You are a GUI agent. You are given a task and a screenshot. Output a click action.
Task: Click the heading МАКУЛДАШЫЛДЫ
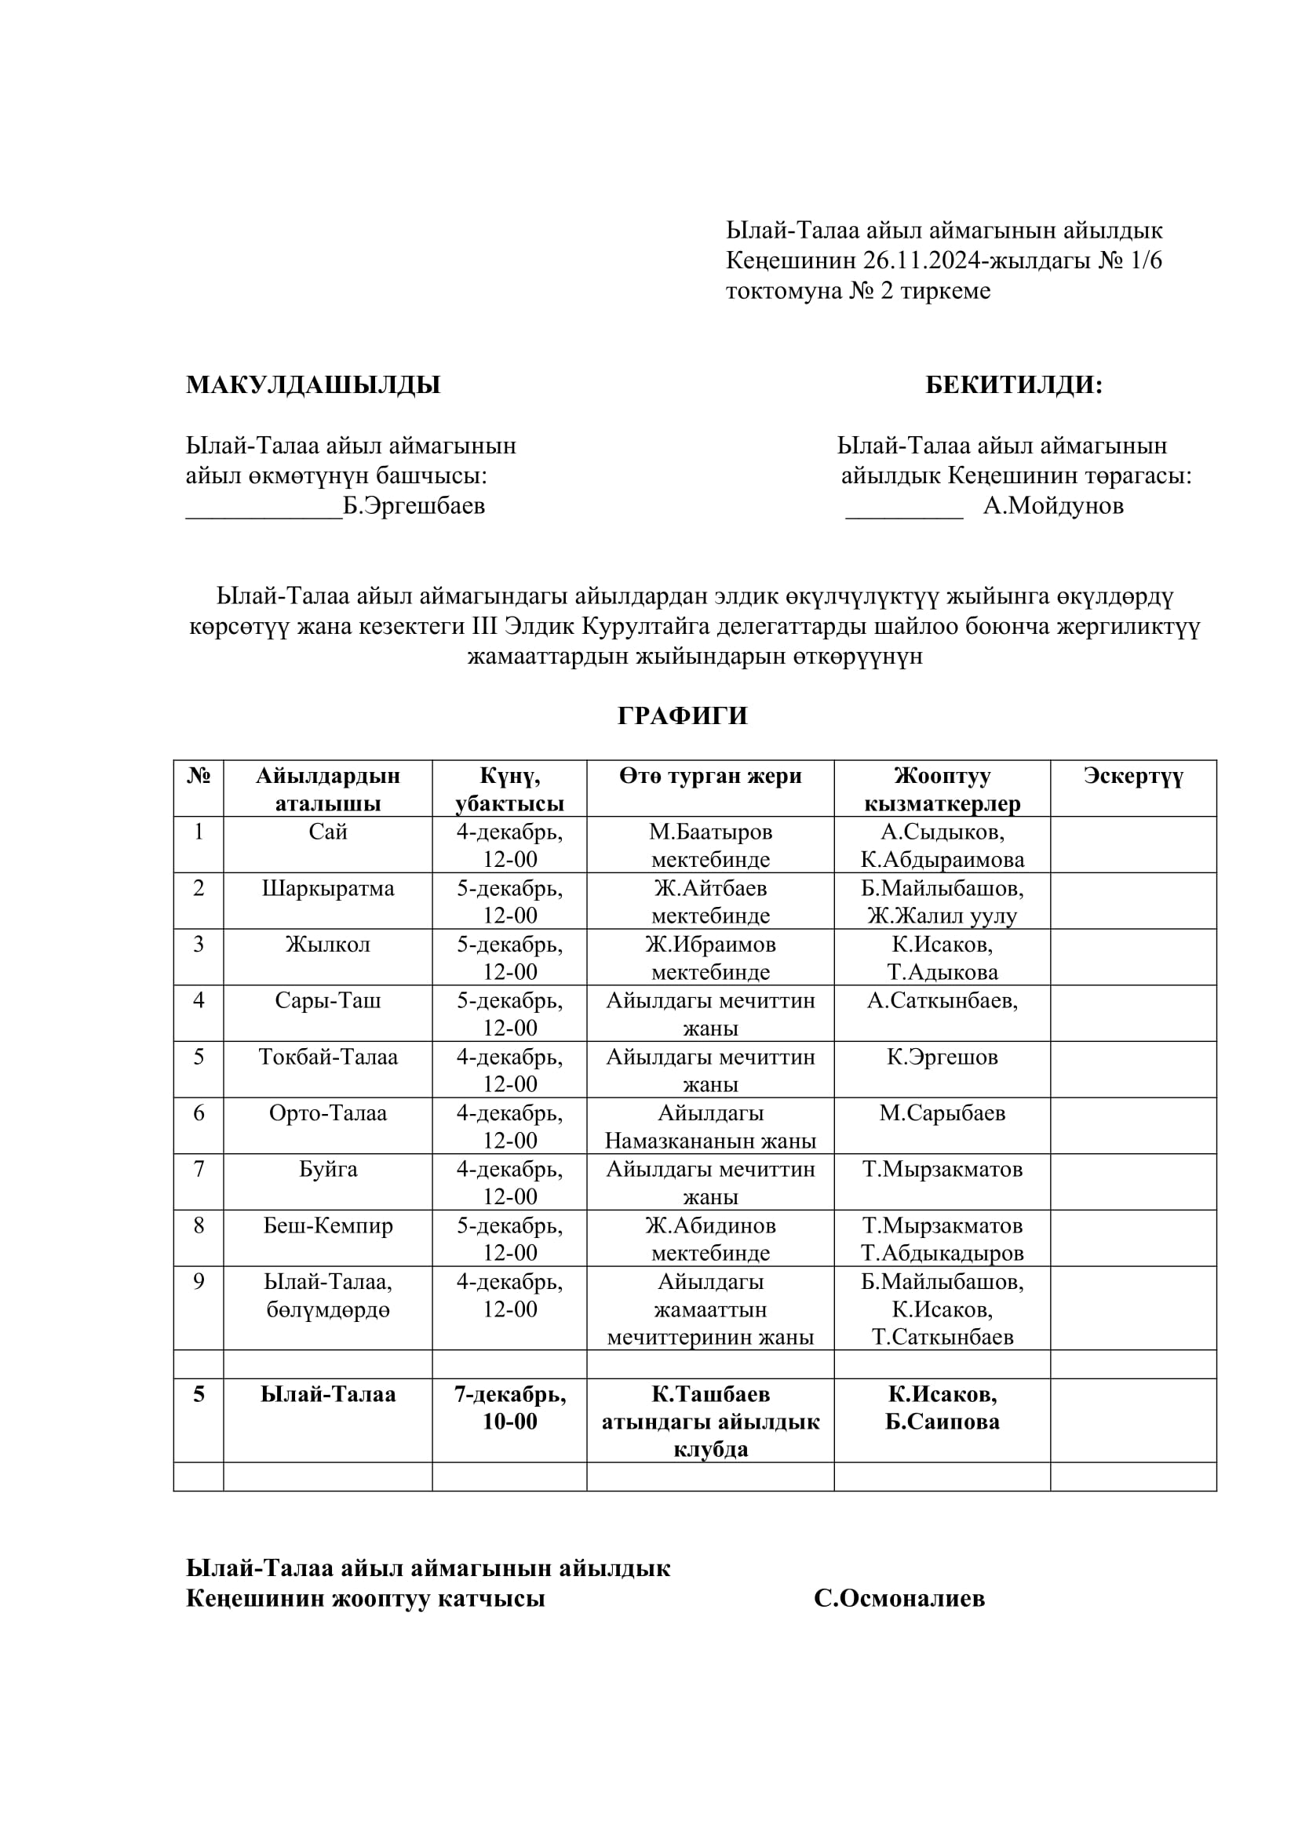point(312,385)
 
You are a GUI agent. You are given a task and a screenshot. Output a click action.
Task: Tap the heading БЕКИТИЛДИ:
point(1013,385)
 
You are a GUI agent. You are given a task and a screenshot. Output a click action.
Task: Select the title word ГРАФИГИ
point(683,715)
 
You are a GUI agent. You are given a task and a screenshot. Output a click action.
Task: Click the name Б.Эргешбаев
point(414,506)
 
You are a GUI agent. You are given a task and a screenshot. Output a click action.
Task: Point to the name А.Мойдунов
point(1052,505)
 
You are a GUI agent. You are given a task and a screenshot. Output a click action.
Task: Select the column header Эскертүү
point(1132,776)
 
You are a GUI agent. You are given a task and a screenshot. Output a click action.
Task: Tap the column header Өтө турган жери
point(709,776)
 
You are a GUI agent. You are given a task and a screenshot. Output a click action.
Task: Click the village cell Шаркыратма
point(328,889)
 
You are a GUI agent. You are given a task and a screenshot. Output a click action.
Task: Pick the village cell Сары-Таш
point(328,1000)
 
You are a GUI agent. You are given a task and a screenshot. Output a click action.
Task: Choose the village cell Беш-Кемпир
point(328,1225)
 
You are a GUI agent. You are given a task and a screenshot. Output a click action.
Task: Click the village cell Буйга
point(328,1169)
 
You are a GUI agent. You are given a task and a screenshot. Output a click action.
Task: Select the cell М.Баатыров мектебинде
point(709,846)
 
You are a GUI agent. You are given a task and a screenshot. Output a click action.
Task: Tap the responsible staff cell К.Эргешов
point(942,1058)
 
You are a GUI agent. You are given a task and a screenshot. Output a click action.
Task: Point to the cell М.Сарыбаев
point(942,1113)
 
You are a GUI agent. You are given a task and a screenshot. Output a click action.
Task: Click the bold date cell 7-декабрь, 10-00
point(510,1407)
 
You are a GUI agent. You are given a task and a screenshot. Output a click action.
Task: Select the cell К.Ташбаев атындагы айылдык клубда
point(709,1421)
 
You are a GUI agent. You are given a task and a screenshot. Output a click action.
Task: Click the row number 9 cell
point(199,1282)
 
